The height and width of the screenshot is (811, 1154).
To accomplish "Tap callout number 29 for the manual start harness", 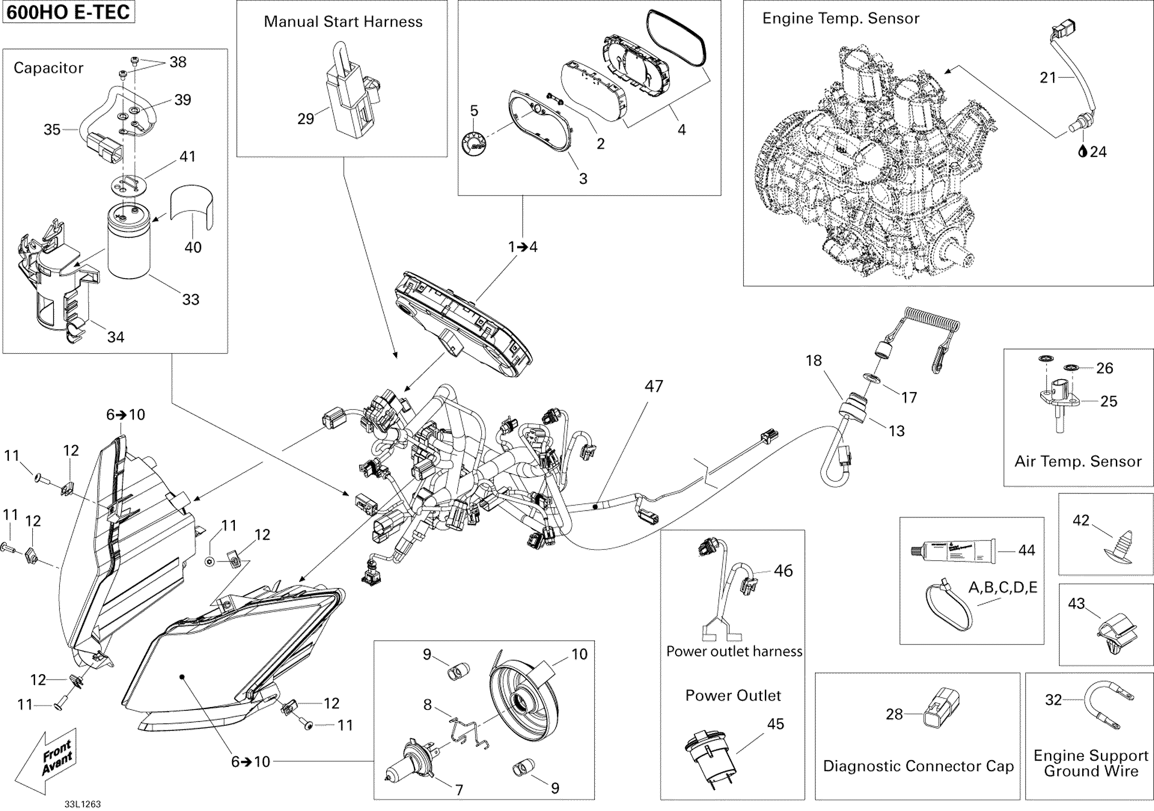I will coord(306,119).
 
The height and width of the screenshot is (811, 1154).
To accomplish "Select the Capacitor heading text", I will coord(48,68).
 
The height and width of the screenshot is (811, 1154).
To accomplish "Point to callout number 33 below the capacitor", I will coord(190,300).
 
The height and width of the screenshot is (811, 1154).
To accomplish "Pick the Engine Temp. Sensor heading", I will coord(840,19).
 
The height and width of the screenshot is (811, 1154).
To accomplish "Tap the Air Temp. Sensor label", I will coord(1078,461).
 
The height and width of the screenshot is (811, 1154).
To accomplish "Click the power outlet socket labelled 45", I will coord(710,755).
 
